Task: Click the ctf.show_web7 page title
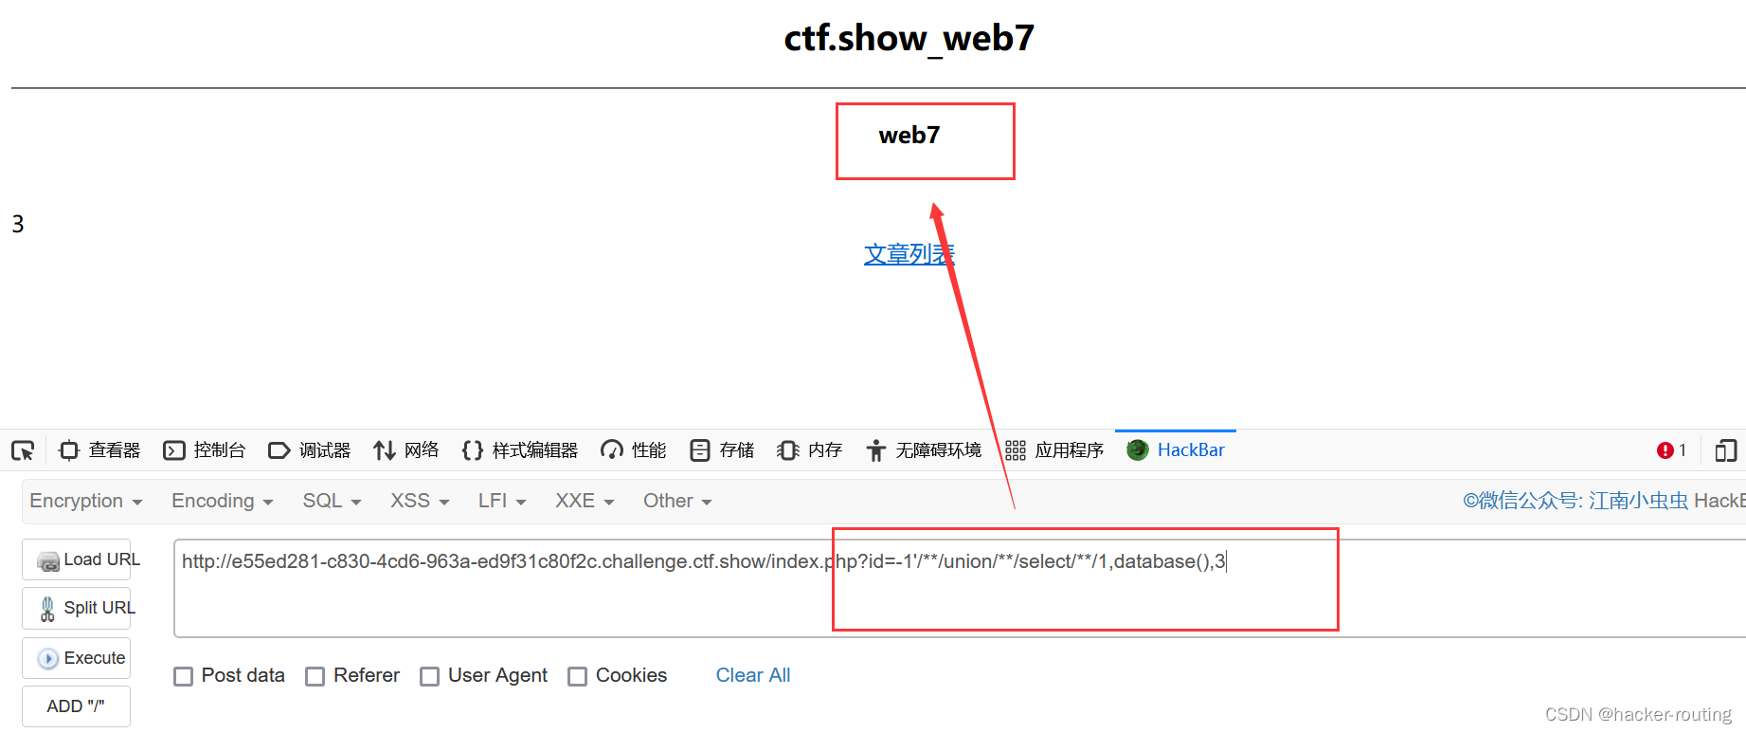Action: click(909, 39)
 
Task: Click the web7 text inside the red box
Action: click(909, 136)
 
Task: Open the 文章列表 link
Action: click(909, 254)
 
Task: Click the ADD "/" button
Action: click(76, 706)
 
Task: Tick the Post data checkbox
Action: click(184, 676)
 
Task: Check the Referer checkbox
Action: click(315, 676)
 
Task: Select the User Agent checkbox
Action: click(430, 676)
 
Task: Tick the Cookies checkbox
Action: click(577, 676)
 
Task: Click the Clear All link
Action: click(752, 675)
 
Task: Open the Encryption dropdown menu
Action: click(85, 501)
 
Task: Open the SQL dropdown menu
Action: click(332, 501)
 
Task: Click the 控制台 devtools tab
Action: click(205, 450)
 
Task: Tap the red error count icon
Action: click(1665, 450)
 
